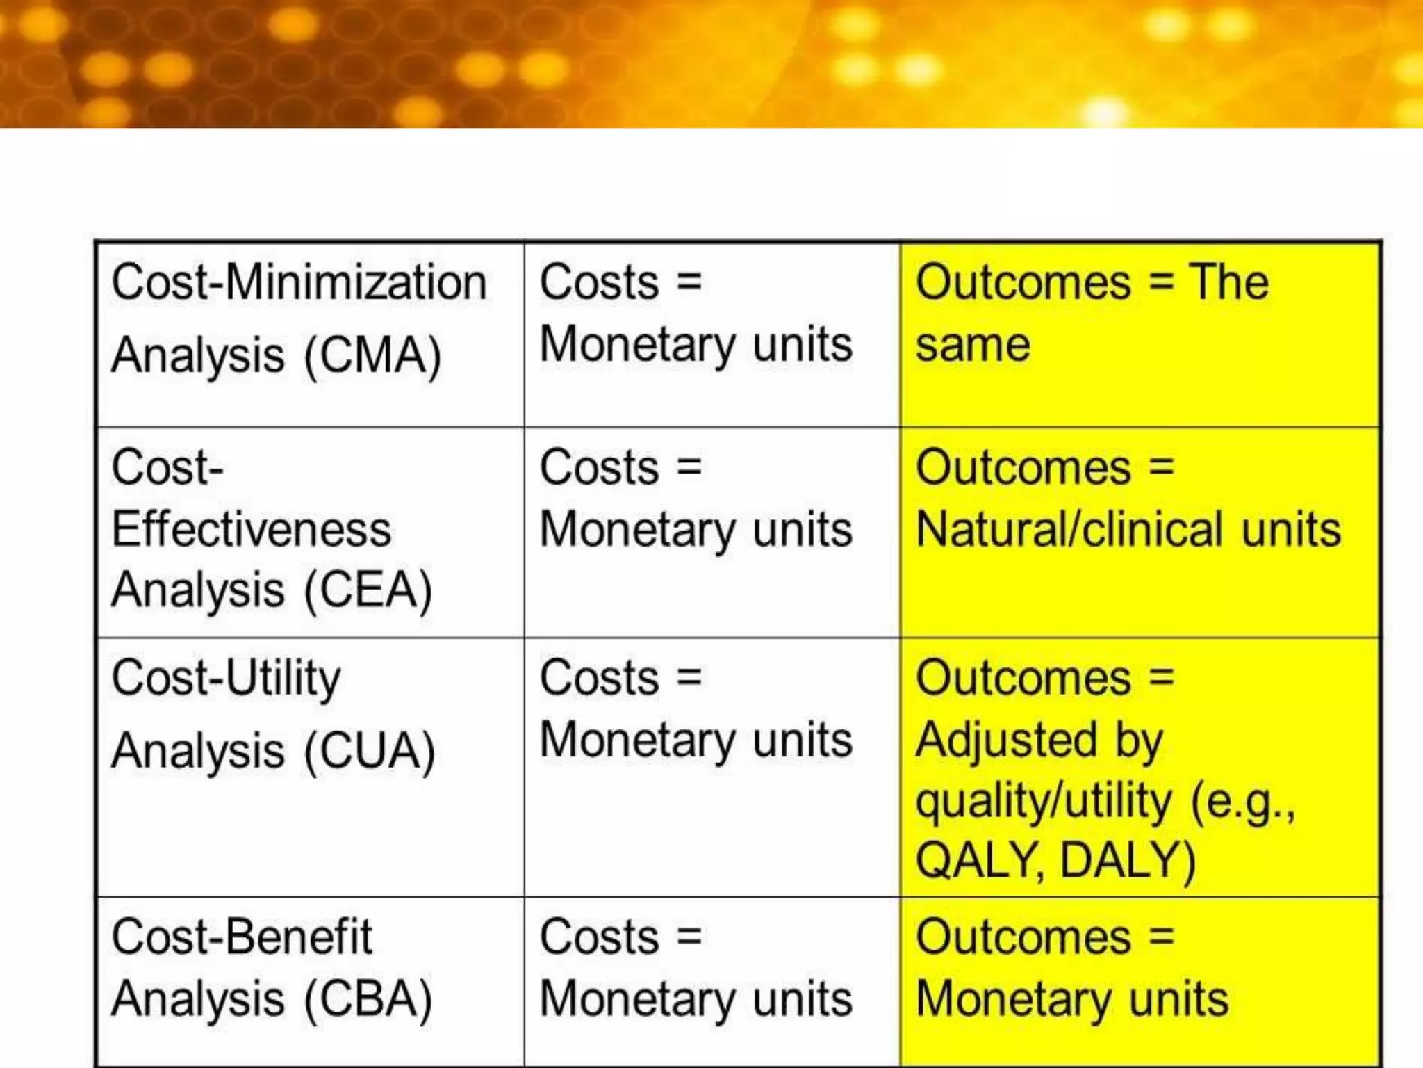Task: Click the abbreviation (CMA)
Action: tap(373, 356)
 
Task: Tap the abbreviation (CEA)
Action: tap(369, 590)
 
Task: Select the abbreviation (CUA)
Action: tap(370, 752)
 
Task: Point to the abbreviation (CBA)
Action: tap(369, 999)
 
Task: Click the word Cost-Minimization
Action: tap(299, 283)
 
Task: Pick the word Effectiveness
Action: tap(252, 530)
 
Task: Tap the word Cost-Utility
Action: tap(227, 678)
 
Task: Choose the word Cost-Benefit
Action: tap(242, 937)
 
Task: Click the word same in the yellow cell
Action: tap(973, 346)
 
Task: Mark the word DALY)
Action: tap(1128, 861)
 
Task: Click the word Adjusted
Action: tap(1005, 740)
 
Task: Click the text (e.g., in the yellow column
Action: tap(1244, 802)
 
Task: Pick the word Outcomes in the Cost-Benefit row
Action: tap(1023, 937)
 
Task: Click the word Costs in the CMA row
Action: tap(599, 283)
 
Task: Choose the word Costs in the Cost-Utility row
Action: tap(599, 678)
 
